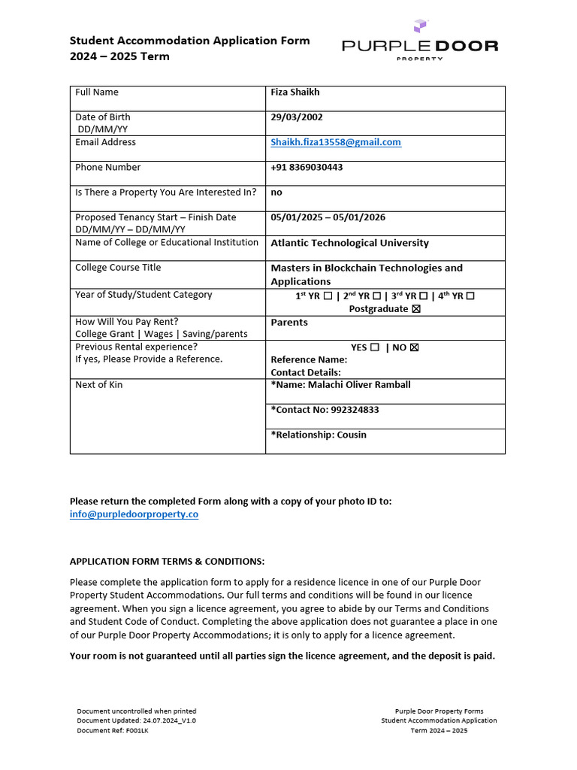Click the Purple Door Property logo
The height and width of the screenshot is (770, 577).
[x=419, y=42]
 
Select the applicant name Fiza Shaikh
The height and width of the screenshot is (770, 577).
[x=295, y=92]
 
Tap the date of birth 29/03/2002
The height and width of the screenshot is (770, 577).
[x=297, y=117]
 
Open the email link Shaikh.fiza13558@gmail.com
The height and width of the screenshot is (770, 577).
[x=336, y=142]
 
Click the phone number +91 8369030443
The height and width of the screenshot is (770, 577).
[x=307, y=168]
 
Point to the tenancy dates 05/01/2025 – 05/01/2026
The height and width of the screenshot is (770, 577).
[x=328, y=217]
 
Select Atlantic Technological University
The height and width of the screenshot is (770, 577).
[x=349, y=243]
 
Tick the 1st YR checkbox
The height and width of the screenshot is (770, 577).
[x=328, y=296]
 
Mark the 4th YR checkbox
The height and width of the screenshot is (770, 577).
[x=470, y=296]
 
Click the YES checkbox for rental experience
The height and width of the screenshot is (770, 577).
[x=375, y=347]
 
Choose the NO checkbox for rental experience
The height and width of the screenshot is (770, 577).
[x=414, y=347]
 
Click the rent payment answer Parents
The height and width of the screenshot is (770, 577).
[x=289, y=323]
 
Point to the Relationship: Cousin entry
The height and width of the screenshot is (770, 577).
[x=319, y=435]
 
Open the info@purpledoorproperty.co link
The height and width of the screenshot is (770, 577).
[x=134, y=514]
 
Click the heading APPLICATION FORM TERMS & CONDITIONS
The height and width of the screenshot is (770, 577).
[x=167, y=562]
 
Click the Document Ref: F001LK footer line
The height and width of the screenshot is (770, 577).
[x=113, y=730]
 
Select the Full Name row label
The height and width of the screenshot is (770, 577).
[x=97, y=92]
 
